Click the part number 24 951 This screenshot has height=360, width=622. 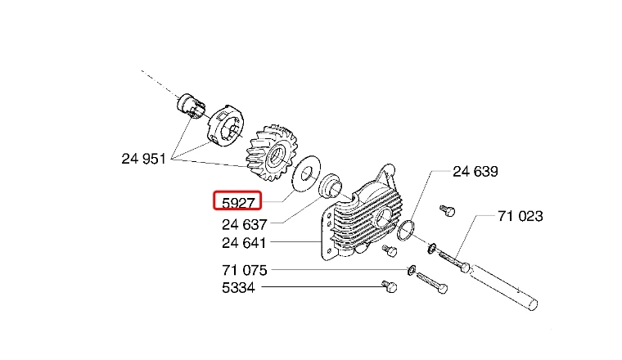(143, 159)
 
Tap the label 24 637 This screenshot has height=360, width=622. (245, 224)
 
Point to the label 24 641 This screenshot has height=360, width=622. (244, 242)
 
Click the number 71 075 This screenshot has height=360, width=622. (245, 270)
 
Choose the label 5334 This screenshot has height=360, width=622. (238, 287)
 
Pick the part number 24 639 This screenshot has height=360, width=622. (476, 171)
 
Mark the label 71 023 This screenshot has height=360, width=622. (520, 216)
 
